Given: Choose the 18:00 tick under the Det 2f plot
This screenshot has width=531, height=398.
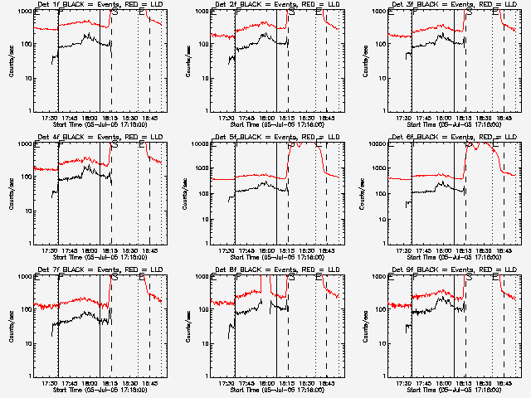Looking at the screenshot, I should [265, 118].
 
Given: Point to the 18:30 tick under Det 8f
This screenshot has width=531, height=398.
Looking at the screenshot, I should [306, 383].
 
